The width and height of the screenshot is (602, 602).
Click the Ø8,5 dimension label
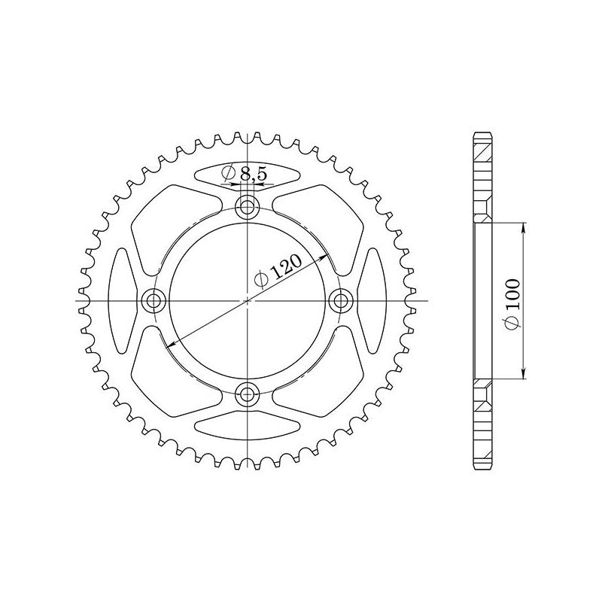tap(244, 174)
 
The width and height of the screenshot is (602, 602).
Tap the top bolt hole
tap(248, 208)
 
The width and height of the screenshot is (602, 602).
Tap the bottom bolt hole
tap(248, 394)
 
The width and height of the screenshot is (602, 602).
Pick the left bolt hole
tap(154, 300)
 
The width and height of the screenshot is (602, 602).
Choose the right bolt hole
tap(341, 300)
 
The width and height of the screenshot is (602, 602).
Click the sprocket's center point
tap(248, 300)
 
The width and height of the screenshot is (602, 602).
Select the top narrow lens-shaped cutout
tap(248, 175)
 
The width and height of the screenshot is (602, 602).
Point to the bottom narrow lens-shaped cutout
tap(248, 426)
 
